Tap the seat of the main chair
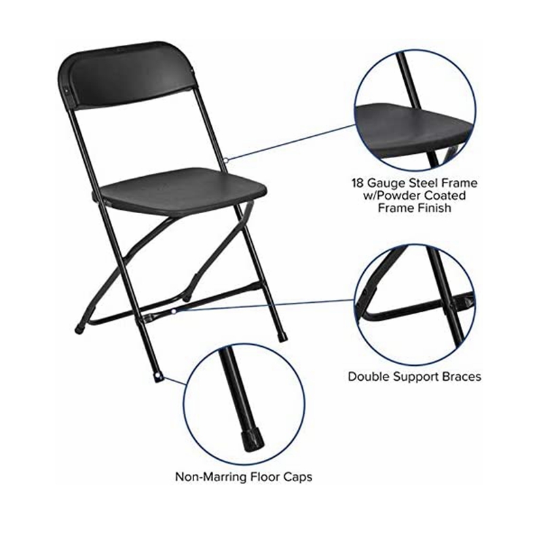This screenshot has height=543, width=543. [x=180, y=191]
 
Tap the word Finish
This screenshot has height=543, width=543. [x=435, y=208]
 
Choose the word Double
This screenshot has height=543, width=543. [x=368, y=376]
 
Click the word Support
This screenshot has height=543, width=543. [x=415, y=377]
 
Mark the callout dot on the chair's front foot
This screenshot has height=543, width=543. [x=160, y=377]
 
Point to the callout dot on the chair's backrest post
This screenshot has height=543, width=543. [x=225, y=160]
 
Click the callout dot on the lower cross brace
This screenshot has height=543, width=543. [x=174, y=312]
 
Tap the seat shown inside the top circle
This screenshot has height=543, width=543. [x=414, y=130]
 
